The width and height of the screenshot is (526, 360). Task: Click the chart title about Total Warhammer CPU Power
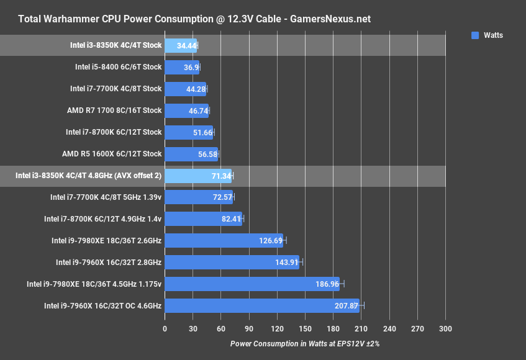[194, 19]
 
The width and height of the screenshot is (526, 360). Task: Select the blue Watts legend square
[475, 35]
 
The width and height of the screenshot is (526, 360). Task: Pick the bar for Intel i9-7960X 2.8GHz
[232, 263]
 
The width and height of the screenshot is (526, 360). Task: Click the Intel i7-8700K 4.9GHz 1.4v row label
[102, 219]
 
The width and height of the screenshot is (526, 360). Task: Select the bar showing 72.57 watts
[198, 197]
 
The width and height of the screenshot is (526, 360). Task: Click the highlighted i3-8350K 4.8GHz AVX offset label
[88, 176]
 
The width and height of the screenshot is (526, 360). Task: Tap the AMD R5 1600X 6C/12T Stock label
[112, 154]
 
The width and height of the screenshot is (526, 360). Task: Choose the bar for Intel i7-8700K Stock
[189, 132]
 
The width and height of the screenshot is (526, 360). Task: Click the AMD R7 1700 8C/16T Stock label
[114, 110]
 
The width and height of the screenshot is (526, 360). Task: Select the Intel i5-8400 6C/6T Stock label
[118, 67]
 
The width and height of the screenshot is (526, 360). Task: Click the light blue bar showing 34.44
[180, 45]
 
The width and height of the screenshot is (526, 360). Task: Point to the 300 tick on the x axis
[445, 329]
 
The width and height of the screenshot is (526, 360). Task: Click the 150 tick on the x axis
[305, 329]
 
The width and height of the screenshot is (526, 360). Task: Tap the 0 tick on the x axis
[165, 329]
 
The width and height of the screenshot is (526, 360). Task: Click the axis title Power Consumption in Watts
[304, 343]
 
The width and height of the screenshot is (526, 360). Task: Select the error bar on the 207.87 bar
[362, 305]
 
